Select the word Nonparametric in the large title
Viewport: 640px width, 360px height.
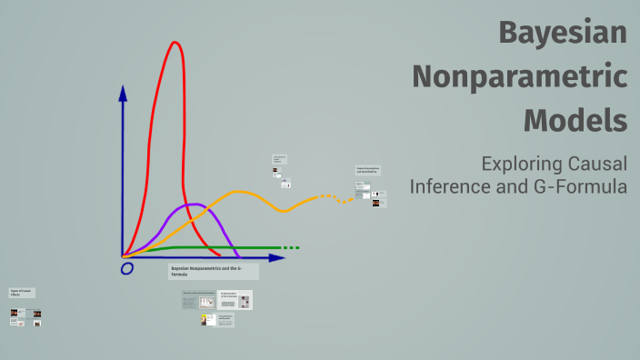click(x=519, y=76)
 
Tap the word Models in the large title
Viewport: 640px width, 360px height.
click(x=575, y=119)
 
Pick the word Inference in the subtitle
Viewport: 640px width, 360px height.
click(x=449, y=187)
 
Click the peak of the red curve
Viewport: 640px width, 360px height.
click(x=174, y=43)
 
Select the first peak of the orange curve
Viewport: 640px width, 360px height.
click(x=239, y=192)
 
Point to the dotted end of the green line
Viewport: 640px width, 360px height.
click(x=289, y=247)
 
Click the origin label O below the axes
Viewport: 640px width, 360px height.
click(x=126, y=268)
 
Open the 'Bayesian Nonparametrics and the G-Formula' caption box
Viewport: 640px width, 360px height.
click(x=214, y=271)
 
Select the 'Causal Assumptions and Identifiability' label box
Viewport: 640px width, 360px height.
click(x=367, y=170)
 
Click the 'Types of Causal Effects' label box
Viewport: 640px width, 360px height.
click(x=21, y=293)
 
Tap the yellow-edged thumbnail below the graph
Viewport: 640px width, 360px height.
click(x=208, y=320)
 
